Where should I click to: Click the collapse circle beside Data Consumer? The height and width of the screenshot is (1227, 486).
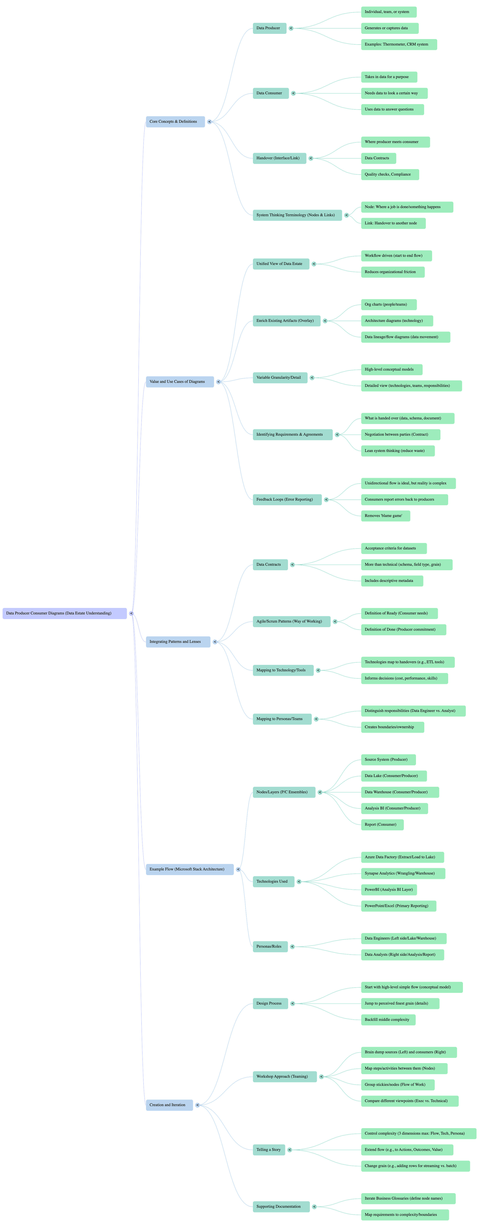293,93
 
